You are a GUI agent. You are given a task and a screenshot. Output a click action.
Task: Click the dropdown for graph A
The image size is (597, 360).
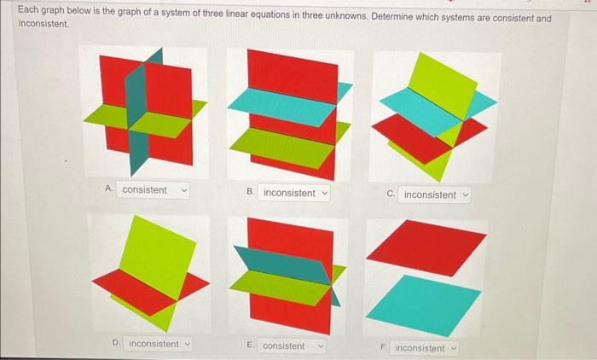coord(154,190)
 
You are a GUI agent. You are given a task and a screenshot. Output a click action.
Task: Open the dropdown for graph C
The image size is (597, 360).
coord(435,195)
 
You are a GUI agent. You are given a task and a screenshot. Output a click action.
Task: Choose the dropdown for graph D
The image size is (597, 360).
coord(159,344)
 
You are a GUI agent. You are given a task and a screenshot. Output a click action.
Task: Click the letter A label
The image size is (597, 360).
coord(107,189)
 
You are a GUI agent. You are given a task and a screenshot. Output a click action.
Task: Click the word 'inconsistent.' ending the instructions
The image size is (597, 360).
coord(40,25)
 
